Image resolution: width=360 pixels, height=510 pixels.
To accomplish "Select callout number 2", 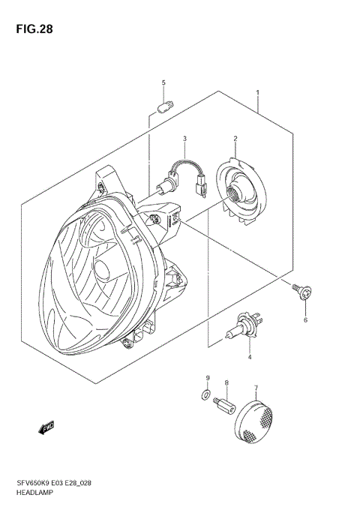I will pyautogui.click(x=235, y=139).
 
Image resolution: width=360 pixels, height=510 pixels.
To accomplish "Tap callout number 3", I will pyautogui.click(x=184, y=139).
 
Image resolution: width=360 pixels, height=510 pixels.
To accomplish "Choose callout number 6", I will pyautogui.click(x=305, y=320).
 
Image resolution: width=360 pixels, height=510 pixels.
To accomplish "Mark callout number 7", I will pyautogui.click(x=256, y=388).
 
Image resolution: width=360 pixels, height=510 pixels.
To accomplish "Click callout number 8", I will pyautogui.click(x=226, y=383).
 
